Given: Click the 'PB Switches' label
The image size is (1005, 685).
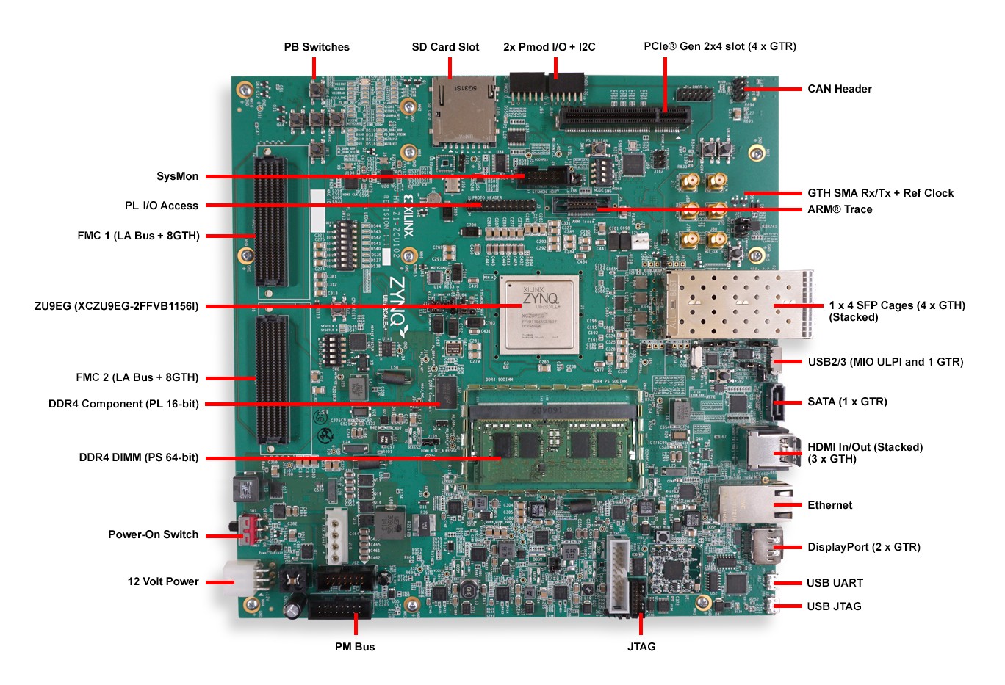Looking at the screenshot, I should pyautogui.click(x=317, y=47).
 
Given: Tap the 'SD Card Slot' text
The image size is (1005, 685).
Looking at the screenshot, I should pyautogui.click(x=445, y=47).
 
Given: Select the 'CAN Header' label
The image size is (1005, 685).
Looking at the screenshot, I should pyautogui.click(x=839, y=89).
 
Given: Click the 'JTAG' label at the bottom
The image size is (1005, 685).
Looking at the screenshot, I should pyautogui.click(x=641, y=647).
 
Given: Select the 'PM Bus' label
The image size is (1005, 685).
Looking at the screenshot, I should pyautogui.click(x=355, y=647).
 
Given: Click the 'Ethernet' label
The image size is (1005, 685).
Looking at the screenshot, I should pyautogui.click(x=829, y=505).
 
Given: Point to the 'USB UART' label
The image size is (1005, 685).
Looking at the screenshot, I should pyautogui.click(x=835, y=583).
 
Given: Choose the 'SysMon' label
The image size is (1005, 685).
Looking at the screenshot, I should pyautogui.click(x=177, y=176).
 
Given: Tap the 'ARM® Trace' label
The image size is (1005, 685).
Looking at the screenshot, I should pyautogui.click(x=840, y=209).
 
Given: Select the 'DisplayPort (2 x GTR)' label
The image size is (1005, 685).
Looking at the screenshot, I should pyautogui.click(x=863, y=547).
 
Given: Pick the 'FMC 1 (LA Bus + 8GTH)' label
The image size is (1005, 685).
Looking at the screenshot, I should pyautogui.click(x=138, y=236).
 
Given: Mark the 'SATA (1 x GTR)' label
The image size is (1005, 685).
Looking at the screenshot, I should pyautogui.click(x=847, y=402).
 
